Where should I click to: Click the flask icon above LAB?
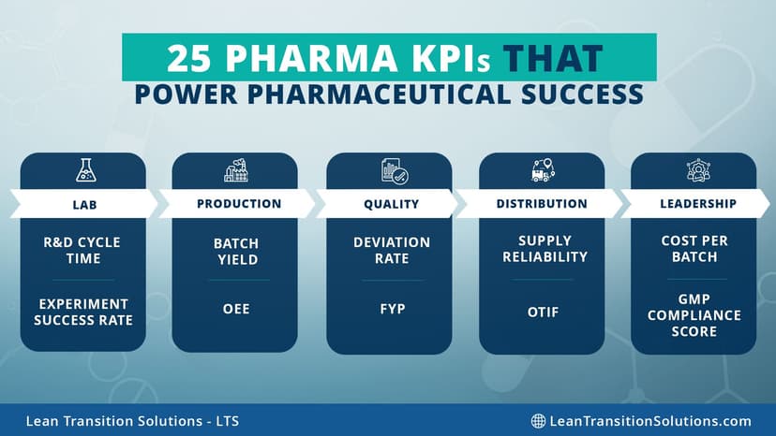click(x=84, y=170)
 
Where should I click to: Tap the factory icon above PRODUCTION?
click(x=236, y=170)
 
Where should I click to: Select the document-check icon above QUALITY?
click(x=389, y=171)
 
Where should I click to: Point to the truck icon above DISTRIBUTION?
click(x=543, y=170)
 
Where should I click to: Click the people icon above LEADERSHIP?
click(x=698, y=170)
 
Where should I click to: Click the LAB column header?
click(x=83, y=204)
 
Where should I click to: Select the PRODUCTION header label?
click(x=239, y=204)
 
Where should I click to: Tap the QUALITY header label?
click(x=391, y=204)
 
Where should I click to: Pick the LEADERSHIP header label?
click(x=698, y=204)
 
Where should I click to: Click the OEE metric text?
click(x=236, y=309)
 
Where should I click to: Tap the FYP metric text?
click(x=392, y=309)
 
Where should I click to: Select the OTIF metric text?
click(x=544, y=312)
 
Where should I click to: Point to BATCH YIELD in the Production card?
click(x=236, y=251)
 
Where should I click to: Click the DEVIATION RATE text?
click(x=392, y=251)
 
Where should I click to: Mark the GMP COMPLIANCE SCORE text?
click(x=694, y=316)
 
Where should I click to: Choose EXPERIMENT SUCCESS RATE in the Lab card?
click(x=83, y=312)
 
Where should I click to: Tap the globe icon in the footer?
click(x=538, y=421)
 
